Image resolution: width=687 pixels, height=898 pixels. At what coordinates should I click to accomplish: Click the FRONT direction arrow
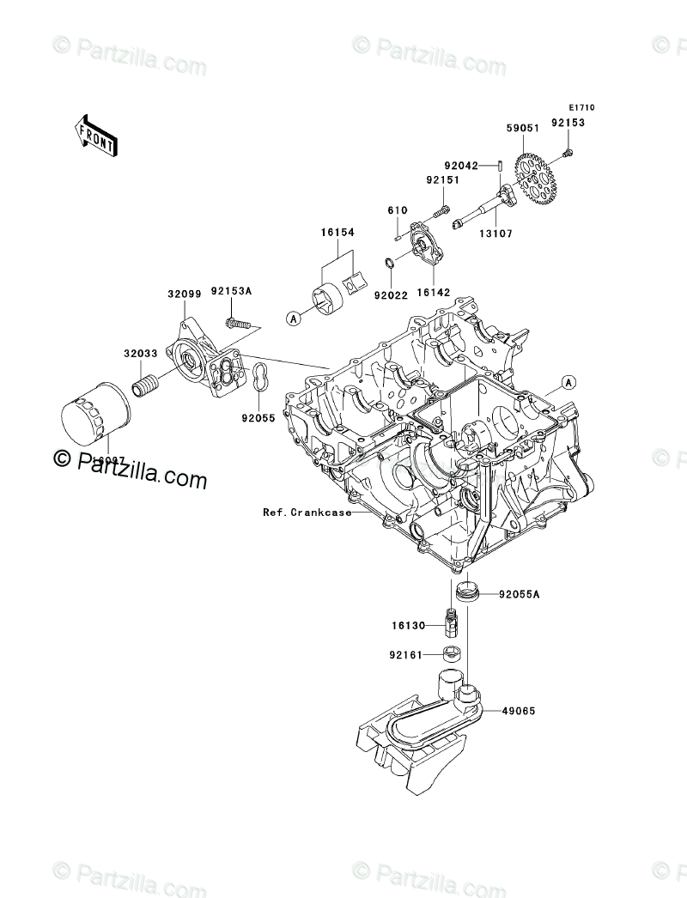[x=94, y=135]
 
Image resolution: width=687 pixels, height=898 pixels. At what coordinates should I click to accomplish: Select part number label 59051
[x=522, y=128]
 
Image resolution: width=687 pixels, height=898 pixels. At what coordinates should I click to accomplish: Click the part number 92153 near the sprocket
[x=568, y=123]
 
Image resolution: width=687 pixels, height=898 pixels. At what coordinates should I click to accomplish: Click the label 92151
[x=443, y=180]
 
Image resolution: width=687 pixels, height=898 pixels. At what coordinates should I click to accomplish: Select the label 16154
[x=339, y=233]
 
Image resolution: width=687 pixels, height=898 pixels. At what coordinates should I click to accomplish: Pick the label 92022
[x=390, y=295]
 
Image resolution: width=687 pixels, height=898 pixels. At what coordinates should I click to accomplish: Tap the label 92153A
[x=231, y=292]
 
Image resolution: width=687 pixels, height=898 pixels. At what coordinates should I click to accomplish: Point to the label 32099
[x=184, y=294]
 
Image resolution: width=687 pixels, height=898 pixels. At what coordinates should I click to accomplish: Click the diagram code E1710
[x=581, y=108]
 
